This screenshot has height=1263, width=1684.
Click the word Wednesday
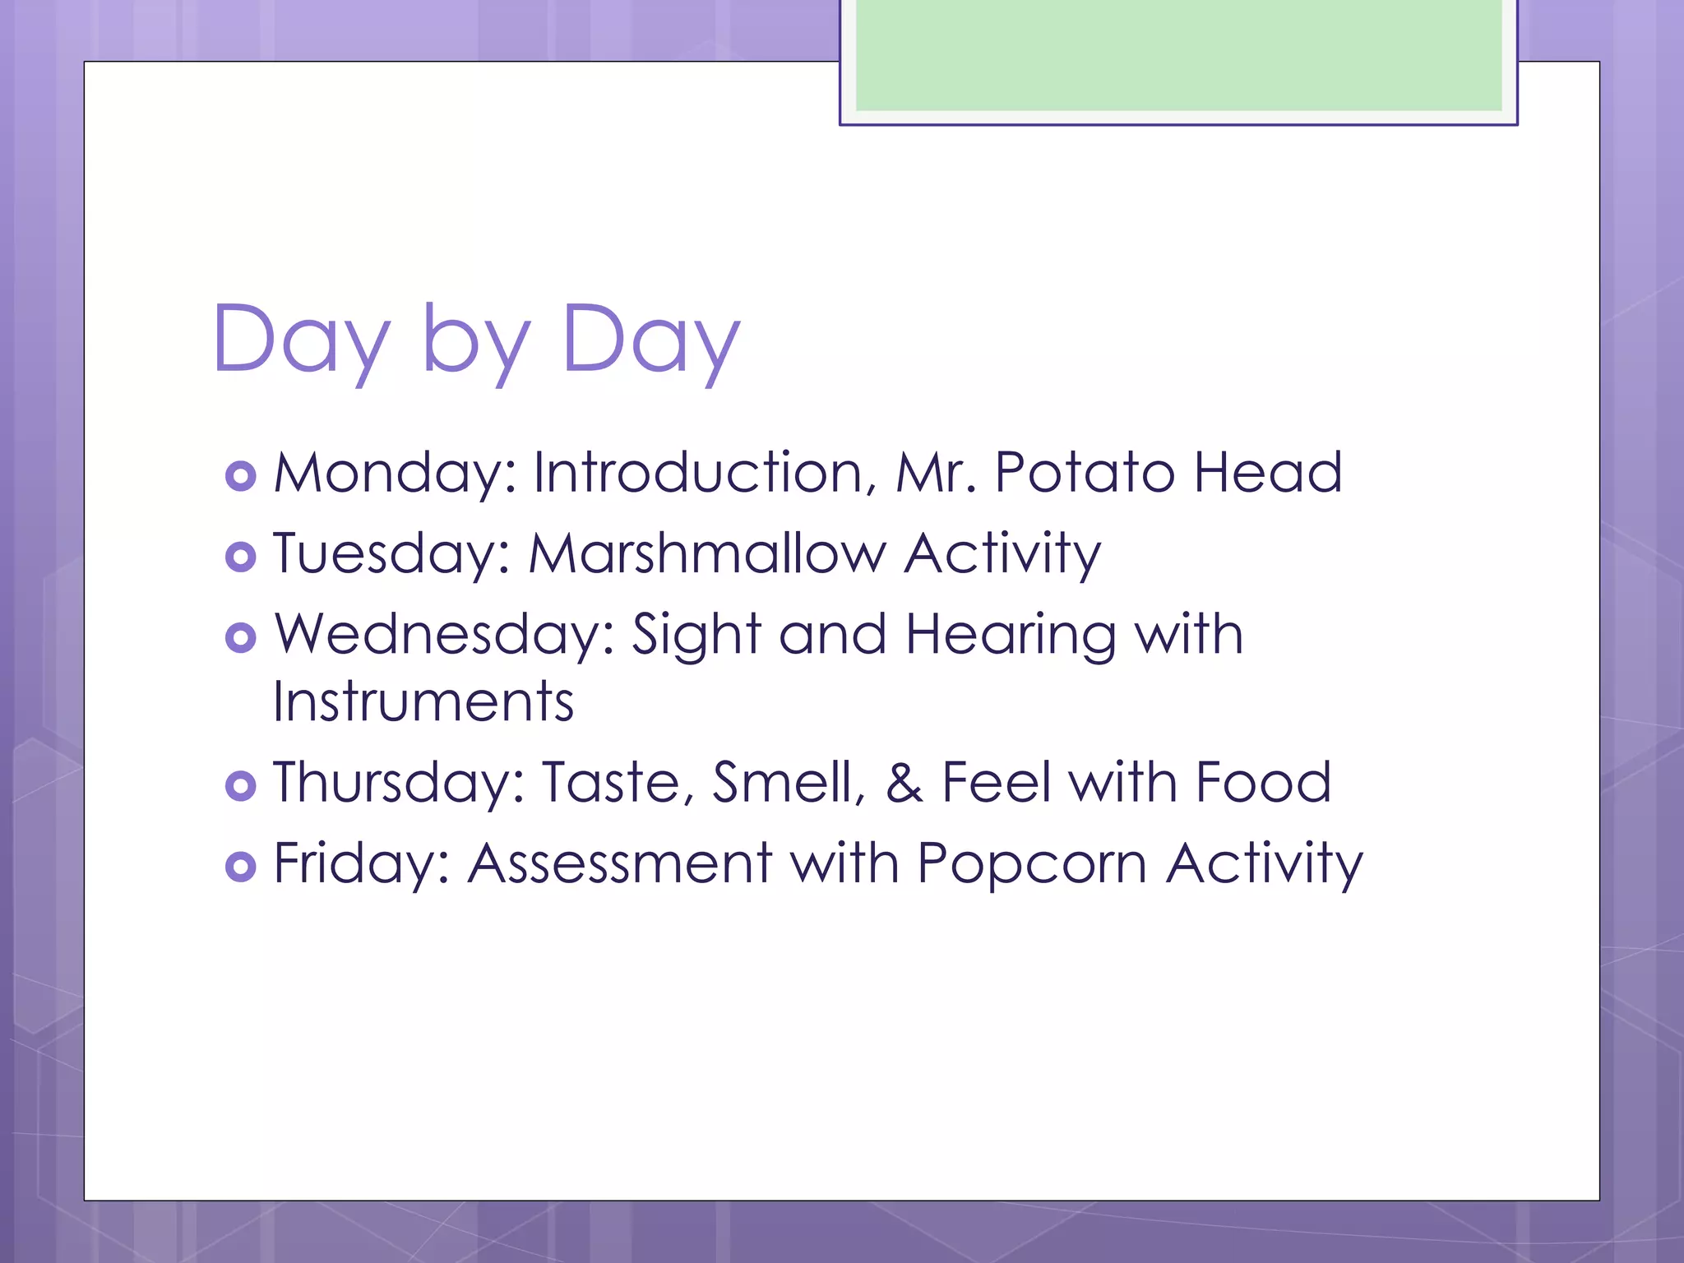click(444, 635)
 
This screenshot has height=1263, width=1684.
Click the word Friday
click(361, 863)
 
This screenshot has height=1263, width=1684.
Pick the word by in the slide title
click(476, 340)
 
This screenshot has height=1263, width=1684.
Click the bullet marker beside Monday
click(240, 476)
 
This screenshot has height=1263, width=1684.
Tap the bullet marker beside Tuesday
click(240, 557)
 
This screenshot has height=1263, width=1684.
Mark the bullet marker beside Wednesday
click(240, 637)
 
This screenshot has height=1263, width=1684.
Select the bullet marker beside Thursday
click(240, 785)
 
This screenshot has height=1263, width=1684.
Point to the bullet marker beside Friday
click(240, 866)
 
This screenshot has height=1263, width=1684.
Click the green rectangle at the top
click(1178, 56)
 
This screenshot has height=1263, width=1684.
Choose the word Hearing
click(1011, 636)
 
